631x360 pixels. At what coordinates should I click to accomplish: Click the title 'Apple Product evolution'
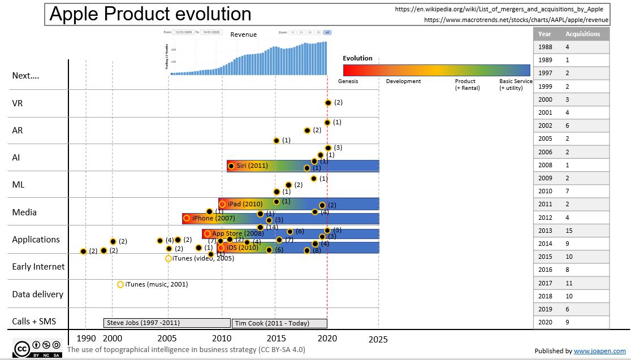tap(150, 14)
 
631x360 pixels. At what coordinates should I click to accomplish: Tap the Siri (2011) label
tap(252, 166)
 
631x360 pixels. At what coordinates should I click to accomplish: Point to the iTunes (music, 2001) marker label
tap(157, 284)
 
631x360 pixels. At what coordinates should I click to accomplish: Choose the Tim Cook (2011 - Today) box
tap(279, 323)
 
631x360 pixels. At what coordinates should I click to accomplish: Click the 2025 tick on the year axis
tap(378, 339)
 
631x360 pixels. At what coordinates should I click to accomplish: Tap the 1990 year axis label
tap(86, 339)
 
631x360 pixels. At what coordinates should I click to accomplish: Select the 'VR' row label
tap(18, 103)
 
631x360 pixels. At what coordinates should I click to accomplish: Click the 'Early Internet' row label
tap(38, 267)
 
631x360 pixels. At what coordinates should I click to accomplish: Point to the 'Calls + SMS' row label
tap(34, 322)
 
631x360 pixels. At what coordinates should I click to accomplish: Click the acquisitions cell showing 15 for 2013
tap(569, 230)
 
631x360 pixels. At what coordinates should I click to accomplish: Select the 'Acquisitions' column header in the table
tap(582, 34)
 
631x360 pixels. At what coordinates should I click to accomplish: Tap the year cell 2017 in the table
tap(544, 283)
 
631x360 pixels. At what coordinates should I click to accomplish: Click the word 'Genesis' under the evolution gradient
tap(348, 81)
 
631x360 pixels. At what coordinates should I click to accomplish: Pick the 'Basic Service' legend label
tap(516, 81)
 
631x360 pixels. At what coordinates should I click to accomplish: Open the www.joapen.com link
tap(599, 351)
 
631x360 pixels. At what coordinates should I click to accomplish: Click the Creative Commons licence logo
tap(37, 348)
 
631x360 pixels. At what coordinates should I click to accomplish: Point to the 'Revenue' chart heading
tap(243, 34)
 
